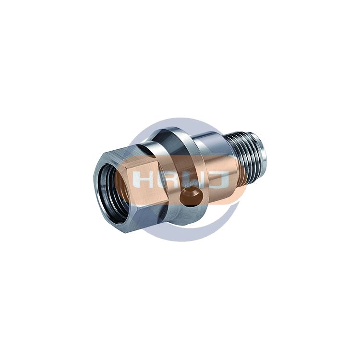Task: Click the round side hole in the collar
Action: (192, 196)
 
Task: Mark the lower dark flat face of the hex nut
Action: (147, 218)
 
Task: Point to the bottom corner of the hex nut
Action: (127, 233)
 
